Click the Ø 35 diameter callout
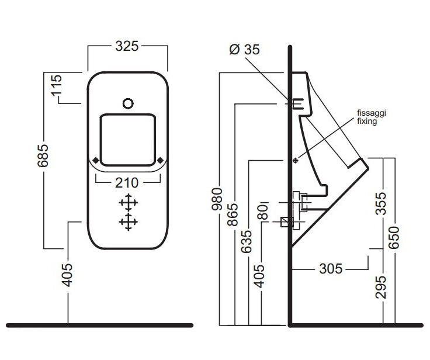point(245,50)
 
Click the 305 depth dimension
point(330,269)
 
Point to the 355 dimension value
point(380,203)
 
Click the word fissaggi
point(372,115)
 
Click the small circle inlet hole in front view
point(128,104)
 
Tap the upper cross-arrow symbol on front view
point(128,203)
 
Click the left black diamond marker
point(96,160)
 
